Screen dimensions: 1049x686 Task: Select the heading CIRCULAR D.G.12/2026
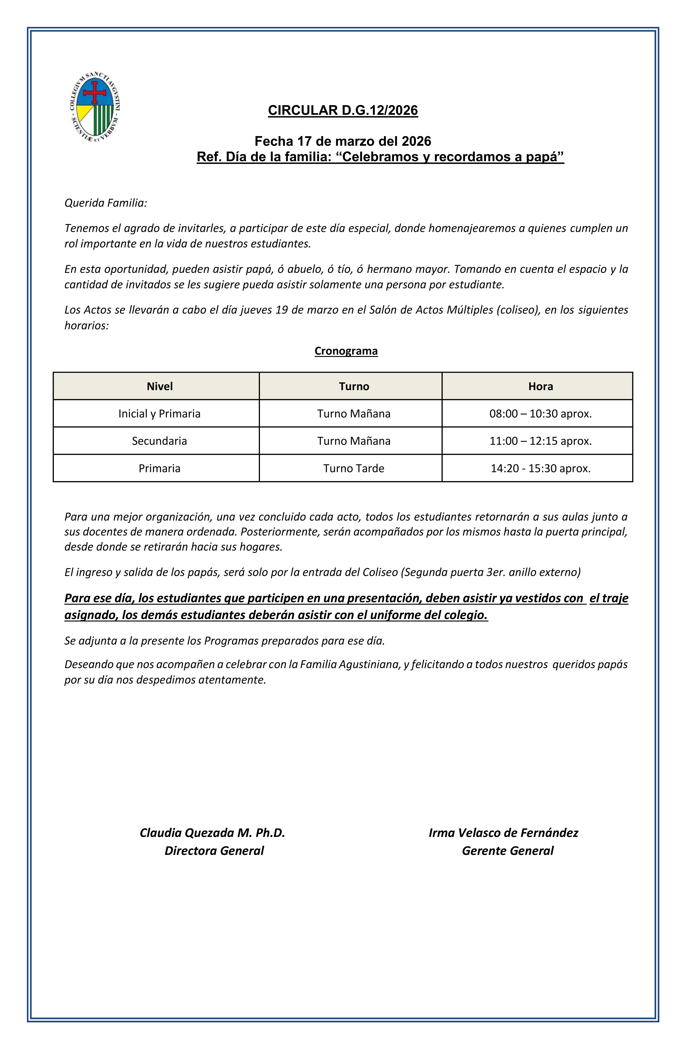click(x=343, y=110)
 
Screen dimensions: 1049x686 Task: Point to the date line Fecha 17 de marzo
click(x=343, y=141)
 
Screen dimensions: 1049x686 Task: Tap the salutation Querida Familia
click(x=105, y=203)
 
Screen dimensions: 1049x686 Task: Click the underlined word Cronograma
click(x=346, y=351)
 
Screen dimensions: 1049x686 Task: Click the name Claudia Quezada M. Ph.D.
click(x=213, y=833)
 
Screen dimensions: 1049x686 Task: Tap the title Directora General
click(x=214, y=851)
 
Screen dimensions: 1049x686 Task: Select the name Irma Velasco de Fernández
click(x=503, y=833)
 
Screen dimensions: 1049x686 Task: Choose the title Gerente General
click(x=508, y=851)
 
